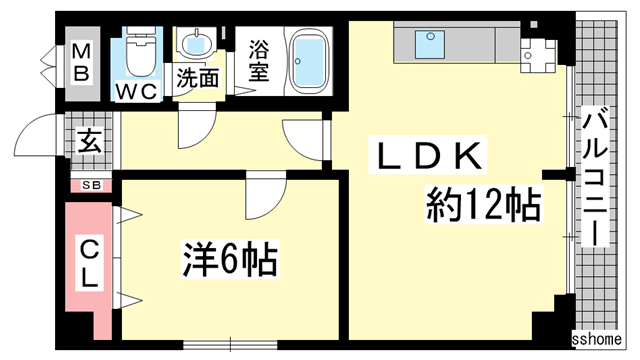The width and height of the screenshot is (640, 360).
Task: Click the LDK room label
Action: click(x=430, y=157)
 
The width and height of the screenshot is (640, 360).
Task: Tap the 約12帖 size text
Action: click(x=483, y=206)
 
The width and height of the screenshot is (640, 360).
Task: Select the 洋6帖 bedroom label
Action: click(x=229, y=262)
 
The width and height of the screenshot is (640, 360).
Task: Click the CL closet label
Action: click(x=89, y=261)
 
